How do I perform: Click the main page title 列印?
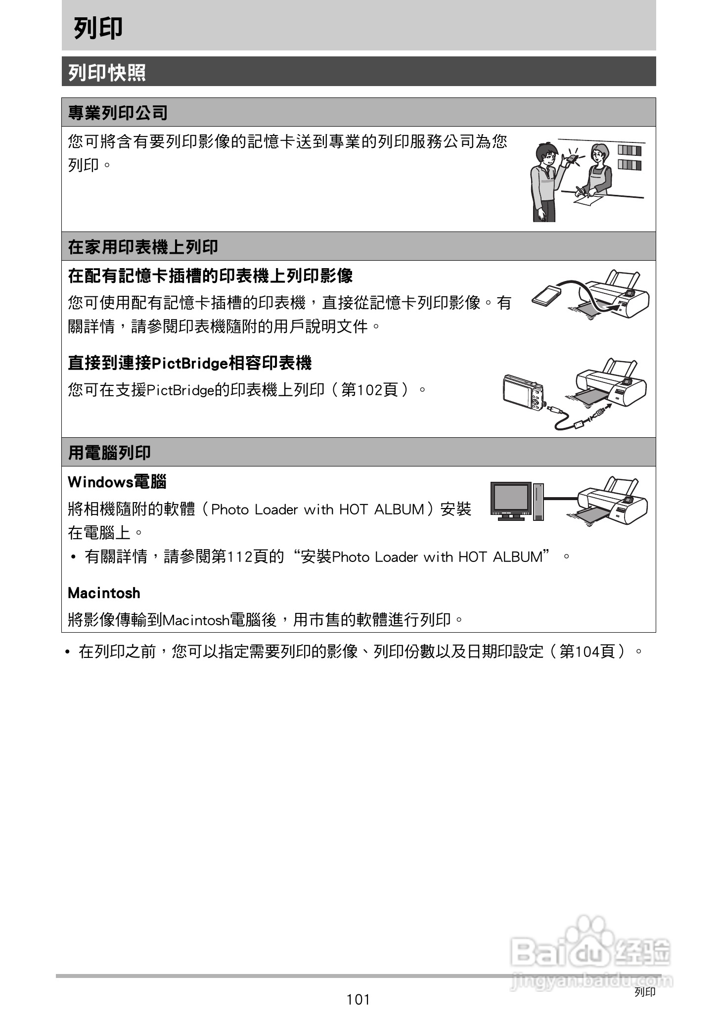pos(98,28)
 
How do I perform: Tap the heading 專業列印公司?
pos(118,113)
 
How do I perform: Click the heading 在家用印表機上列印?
pos(142,246)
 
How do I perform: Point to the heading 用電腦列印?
pos(109,452)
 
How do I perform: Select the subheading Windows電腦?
pos(117,481)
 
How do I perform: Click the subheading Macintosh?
pos(104,593)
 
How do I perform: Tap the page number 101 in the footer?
pos(358,1000)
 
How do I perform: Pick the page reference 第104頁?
pos(587,651)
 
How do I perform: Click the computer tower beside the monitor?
pos(538,501)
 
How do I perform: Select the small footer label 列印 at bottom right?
pos(645,992)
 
